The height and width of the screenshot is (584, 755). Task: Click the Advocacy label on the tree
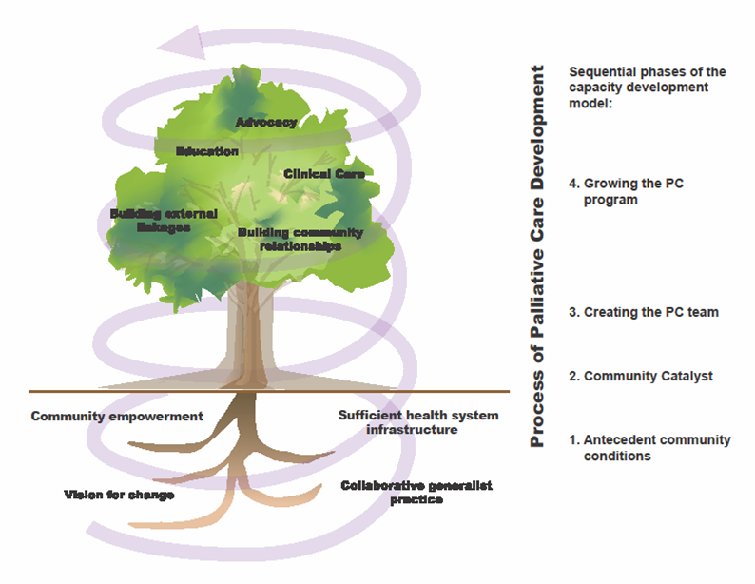point(266,123)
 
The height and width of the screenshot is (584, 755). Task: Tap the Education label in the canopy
point(207,151)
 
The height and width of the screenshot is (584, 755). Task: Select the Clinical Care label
point(324,174)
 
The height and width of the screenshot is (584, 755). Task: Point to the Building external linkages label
point(164,221)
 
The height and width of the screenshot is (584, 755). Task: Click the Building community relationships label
point(300,240)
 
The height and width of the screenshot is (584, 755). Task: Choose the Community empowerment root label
point(117,416)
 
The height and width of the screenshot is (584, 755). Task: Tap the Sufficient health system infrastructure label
point(418,422)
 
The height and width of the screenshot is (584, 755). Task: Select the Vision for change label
point(119,495)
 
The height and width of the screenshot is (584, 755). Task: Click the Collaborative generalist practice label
point(416,492)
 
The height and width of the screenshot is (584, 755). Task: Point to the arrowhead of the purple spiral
point(178,44)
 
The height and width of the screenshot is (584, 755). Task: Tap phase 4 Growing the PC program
point(626,191)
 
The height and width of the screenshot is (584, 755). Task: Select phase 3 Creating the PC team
point(644,312)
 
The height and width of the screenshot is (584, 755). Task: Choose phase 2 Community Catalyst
point(641,376)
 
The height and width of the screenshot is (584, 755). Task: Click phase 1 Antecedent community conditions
point(650,448)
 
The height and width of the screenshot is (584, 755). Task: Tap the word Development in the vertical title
point(537,127)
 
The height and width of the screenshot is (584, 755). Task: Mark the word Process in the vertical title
point(537,409)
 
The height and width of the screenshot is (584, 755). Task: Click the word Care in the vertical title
point(537,220)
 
